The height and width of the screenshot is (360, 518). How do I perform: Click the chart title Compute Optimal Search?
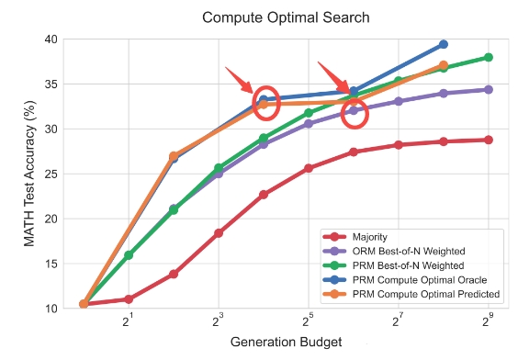tap(286, 17)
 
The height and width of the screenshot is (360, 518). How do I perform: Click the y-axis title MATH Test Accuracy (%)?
tap(29, 174)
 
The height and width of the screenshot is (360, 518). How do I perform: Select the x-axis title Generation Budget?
tap(286, 343)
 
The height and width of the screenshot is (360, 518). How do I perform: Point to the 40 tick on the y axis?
tap(51, 39)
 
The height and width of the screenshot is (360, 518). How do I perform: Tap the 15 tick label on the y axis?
tap(51, 264)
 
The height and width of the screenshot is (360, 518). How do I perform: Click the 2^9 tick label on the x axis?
tap(488, 320)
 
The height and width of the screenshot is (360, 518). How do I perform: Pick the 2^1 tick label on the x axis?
tap(128, 320)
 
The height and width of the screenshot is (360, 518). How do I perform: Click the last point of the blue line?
tap(444, 44)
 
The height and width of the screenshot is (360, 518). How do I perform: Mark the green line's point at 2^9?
tap(489, 58)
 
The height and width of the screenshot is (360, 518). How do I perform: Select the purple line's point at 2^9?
tap(489, 89)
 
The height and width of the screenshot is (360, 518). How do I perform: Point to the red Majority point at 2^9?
tap(489, 140)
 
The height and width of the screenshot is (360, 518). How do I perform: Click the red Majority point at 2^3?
tap(219, 233)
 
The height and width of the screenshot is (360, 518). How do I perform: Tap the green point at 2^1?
tap(129, 255)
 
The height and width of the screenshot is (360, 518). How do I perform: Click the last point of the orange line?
tap(444, 65)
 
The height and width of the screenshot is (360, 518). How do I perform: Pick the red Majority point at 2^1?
tap(129, 299)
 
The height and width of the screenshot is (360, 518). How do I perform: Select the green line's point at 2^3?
tap(219, 168)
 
